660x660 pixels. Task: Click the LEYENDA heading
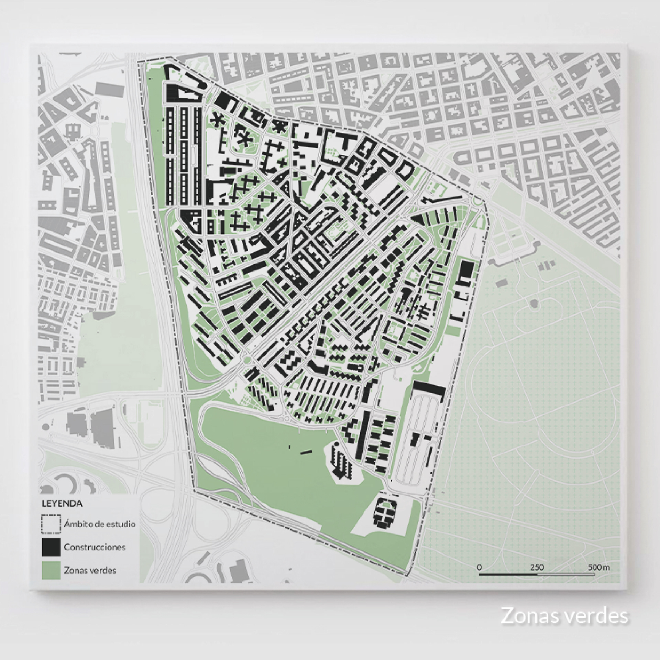click(62, 503)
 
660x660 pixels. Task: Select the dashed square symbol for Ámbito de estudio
click(51, 524)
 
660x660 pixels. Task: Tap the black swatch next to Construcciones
click(51, 547)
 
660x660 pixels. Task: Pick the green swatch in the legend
click(51, 570)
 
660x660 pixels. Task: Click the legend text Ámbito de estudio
click(100, 524)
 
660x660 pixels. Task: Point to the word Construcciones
click(95, 547)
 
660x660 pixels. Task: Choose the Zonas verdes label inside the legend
click(90, 570)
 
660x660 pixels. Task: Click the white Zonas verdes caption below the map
click(564, 616)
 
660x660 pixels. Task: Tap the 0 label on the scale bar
click(479, 567)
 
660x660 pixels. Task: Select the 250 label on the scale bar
click(537, 567)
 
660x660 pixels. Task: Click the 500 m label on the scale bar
click(598, 567)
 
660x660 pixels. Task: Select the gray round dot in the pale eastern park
click(534, 303)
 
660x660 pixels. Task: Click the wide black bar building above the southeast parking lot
click(429, 389)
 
